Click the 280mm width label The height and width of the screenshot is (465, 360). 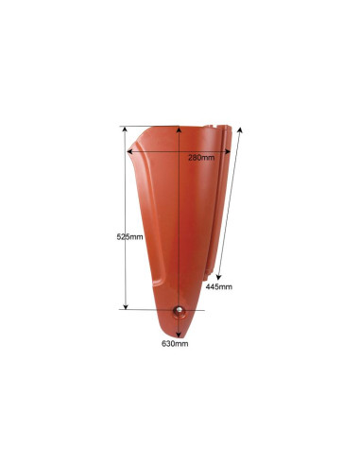[200, 157]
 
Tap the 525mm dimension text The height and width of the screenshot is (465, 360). [116, 237]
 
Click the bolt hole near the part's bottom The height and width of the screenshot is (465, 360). [179, 312]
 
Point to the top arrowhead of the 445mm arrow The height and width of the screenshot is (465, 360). [242, 129]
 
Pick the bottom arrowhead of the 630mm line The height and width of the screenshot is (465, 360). [179, 332]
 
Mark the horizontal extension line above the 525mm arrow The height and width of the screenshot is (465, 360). [151, 125]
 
